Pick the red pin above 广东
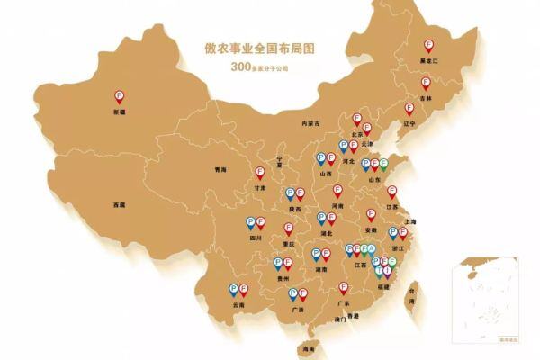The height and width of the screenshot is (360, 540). (x=343, y=288)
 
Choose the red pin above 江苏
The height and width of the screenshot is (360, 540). (x=391, y=192)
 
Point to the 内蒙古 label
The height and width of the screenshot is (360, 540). (x=311, y=122)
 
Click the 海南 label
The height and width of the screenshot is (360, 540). (x=310, y=346)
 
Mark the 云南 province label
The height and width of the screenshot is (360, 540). (x=238, y=305)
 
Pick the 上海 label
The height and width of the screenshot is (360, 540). (x=410, y=220)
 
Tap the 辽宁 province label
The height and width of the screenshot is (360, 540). (x=410, y=124)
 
